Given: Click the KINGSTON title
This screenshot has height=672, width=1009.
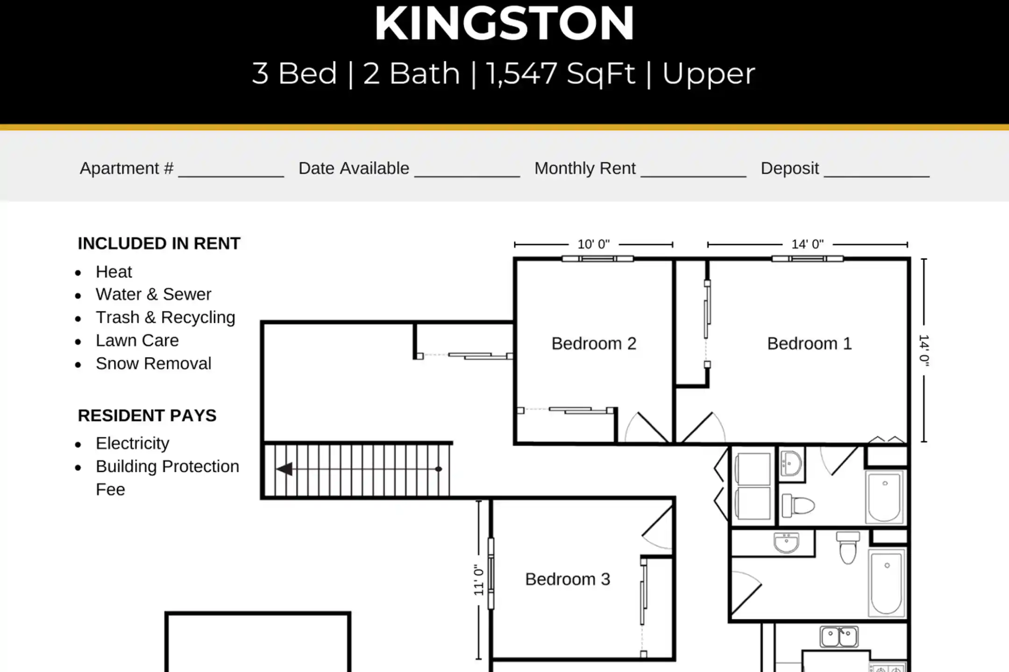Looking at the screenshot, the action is [504, 23].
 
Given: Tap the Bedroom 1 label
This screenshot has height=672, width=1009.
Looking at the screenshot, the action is [809, 343].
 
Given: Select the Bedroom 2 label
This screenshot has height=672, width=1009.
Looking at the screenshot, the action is [594, 343].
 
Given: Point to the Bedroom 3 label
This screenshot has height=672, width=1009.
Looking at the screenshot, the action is [568, 579].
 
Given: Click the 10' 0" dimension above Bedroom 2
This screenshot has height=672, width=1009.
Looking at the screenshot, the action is [594, 244].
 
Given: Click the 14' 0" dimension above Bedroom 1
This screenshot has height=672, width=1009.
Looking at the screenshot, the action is [807, 244].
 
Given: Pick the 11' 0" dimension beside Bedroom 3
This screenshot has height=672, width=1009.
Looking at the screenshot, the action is [478, 580].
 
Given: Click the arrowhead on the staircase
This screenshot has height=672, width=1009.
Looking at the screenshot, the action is [284, 469].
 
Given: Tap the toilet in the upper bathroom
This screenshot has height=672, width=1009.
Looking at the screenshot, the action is [798, 505].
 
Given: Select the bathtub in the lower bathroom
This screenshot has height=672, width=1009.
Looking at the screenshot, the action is [886, 583].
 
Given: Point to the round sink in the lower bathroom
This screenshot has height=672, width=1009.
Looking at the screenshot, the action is [787, 543].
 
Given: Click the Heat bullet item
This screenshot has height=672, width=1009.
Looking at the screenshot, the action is [114, 272].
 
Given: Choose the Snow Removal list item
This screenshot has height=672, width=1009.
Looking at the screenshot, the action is [153, 364].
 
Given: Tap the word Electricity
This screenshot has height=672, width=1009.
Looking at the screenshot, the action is [133, 443].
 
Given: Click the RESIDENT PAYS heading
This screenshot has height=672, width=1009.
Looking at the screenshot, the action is [147, 415].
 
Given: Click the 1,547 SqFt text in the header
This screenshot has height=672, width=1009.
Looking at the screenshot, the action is [561, 74].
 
